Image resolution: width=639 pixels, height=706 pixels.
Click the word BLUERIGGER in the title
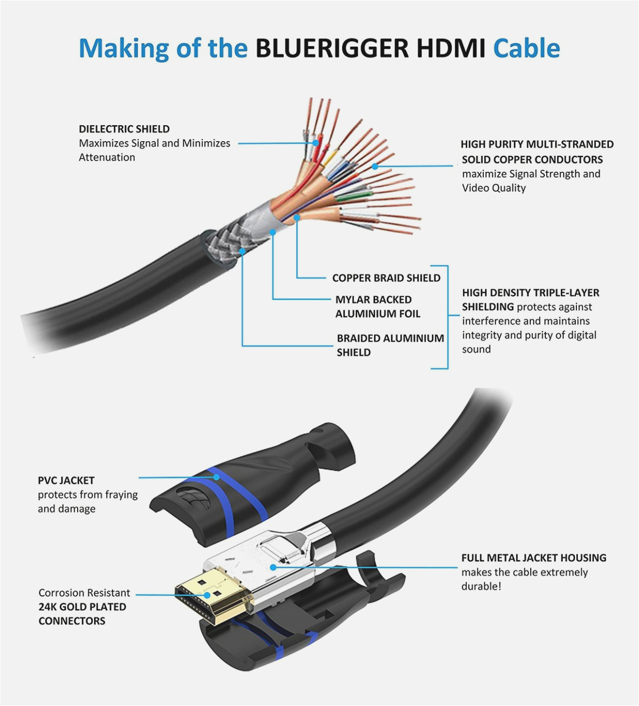[332, 48]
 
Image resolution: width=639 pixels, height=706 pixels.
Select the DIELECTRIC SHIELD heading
[124, 129]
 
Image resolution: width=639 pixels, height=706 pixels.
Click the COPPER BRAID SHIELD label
[386, 278]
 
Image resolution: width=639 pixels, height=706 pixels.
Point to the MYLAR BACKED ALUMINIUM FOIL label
[377, 307]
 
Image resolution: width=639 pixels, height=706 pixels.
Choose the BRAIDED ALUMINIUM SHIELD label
[390, 345]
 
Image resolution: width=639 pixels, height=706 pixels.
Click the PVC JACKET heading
[66, 480]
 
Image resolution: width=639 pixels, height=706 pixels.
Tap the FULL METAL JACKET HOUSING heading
[534, 558]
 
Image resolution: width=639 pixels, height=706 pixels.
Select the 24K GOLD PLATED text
[82, 607]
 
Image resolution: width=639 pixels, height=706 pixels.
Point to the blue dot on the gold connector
[208, 594]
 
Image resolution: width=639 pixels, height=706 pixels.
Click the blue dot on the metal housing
[273, 567]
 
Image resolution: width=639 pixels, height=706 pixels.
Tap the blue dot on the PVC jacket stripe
[216, 477]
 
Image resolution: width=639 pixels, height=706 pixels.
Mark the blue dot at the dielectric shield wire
[316, 143]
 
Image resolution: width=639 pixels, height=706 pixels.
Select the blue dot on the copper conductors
[375, 166]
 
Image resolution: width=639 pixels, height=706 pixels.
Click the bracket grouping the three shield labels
[446, 317]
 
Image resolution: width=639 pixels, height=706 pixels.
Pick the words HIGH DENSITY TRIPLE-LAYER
[530, 293]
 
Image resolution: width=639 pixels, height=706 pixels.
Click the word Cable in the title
[526, 48]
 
